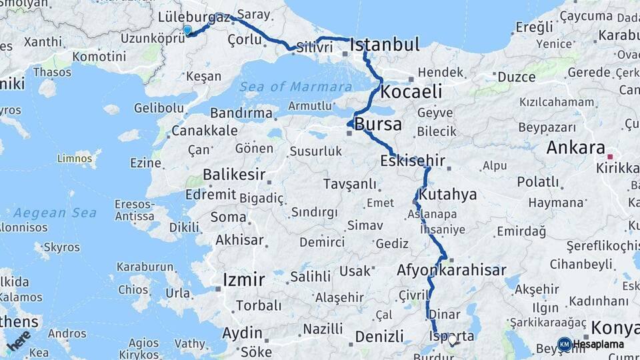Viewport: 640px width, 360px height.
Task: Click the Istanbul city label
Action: (385, 45)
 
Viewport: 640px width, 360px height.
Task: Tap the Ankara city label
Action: (575, 148)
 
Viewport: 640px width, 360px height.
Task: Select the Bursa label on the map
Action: (378, 124)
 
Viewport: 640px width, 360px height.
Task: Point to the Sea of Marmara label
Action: (296, 87)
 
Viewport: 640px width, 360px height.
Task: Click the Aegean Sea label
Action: (55, 213)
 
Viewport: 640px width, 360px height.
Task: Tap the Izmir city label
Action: (244, 279)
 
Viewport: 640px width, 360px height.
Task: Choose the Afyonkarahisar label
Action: (451, 271)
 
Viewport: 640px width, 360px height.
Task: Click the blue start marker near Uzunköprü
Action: (187, 30)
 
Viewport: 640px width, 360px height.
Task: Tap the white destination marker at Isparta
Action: (453, 339)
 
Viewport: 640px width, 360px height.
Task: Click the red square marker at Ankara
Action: (610, 157)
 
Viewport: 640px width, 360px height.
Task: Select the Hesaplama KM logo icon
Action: (565, 344)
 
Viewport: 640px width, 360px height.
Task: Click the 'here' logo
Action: (18, 340)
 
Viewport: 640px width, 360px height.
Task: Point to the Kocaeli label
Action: (411, 92)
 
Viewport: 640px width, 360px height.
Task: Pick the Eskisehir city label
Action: (412, 161)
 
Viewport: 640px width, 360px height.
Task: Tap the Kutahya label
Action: (449, 195)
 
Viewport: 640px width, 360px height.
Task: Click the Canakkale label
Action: (204, 131)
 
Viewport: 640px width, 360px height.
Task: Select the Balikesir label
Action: (230, 175)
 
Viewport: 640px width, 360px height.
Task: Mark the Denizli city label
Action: (379, 337)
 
